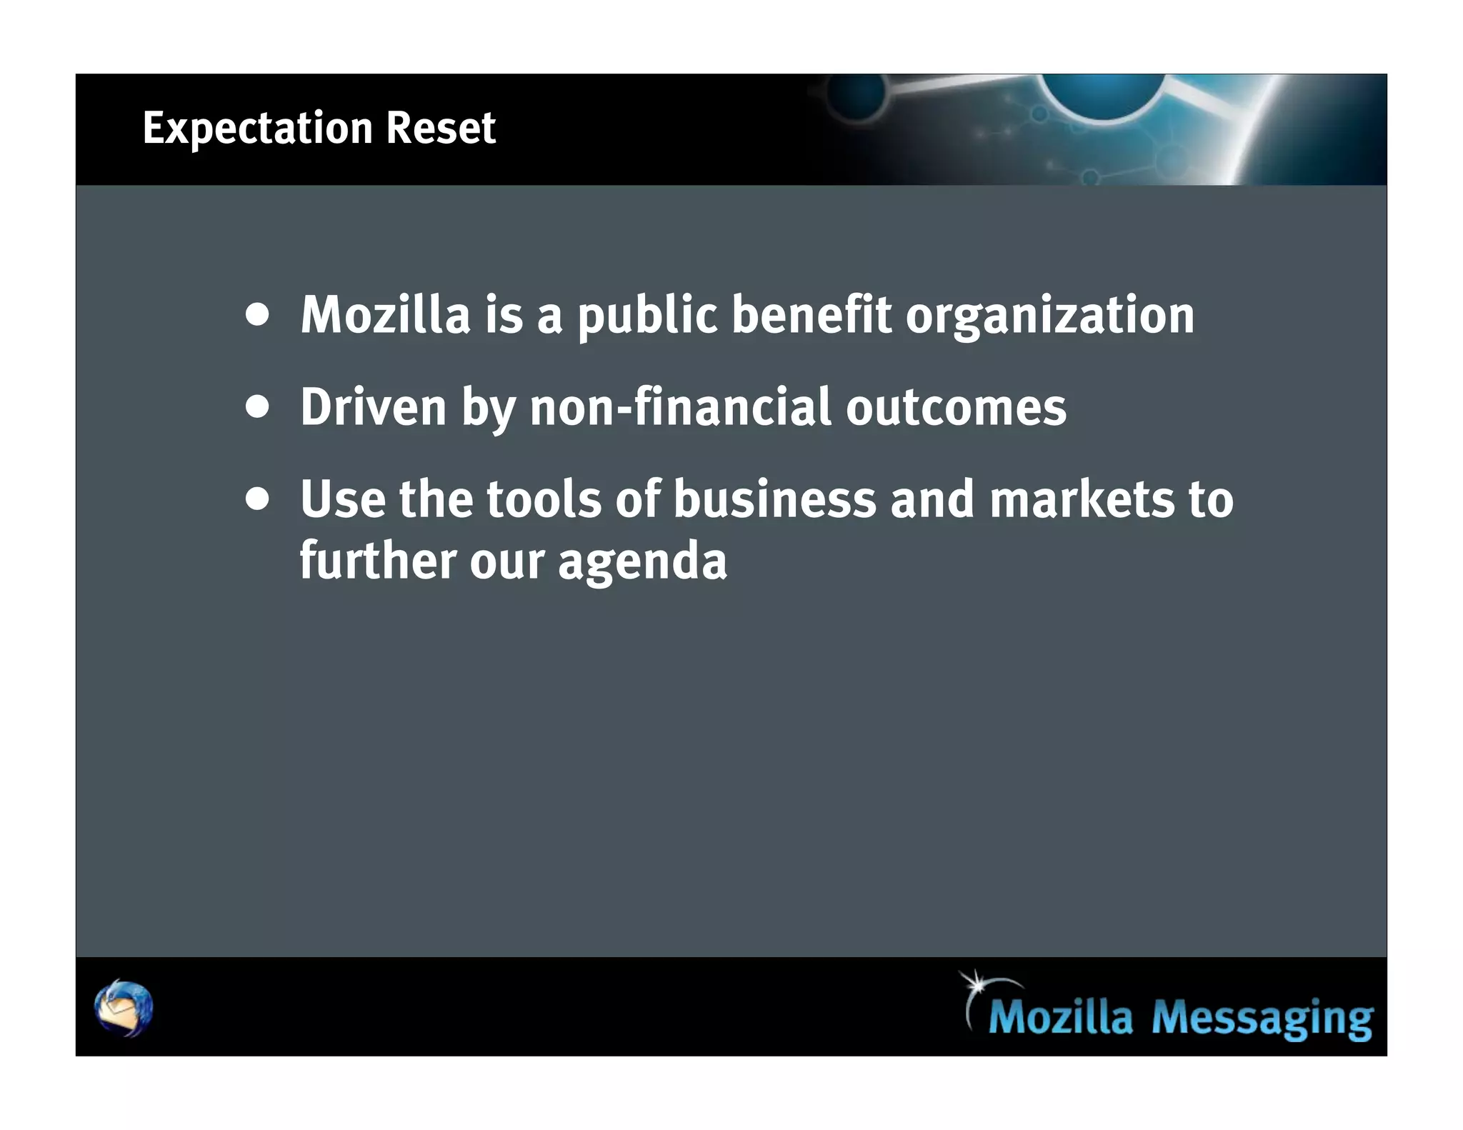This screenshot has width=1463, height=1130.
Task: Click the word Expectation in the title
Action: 257,129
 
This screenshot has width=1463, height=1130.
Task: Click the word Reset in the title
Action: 441,129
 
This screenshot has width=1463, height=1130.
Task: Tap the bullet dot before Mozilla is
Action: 257,314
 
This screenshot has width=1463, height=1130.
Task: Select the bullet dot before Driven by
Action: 257,407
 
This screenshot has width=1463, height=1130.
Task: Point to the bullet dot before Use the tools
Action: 257,499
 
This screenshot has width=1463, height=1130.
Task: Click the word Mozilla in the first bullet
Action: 385,314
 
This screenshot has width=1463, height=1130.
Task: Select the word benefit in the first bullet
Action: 812,314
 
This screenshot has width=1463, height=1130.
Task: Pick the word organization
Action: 1049,316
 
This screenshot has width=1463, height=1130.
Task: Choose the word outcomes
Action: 956,407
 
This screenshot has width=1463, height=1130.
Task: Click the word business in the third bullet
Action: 774,499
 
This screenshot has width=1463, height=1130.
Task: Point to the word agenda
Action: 641,562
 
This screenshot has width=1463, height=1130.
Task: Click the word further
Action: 377,561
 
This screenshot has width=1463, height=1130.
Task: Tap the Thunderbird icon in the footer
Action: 124,1008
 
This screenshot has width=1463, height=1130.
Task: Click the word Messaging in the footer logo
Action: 1262,1017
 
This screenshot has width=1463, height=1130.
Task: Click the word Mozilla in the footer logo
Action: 1060,1017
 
